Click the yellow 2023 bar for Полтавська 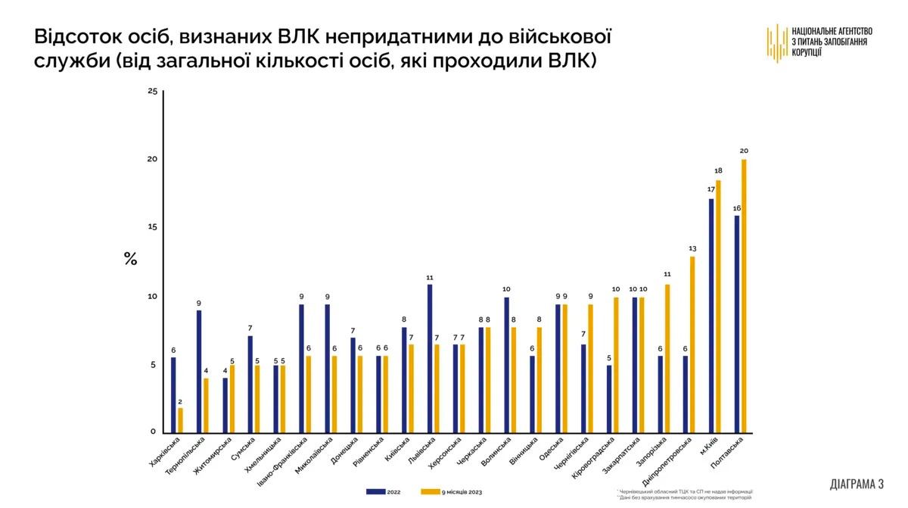[x=744, y=295]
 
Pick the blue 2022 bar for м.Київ [x=711, y=315]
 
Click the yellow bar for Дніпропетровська [x=692, y=344]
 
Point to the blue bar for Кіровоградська [x=609, y=399]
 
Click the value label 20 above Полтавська [x=744, y=151]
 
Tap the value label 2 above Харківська [x=180, y=400]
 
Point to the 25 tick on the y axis [x=152, y=92]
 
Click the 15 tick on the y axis [x=152, y=228]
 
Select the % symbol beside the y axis [x=130, y=259]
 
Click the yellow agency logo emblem [x=777, y=43]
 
